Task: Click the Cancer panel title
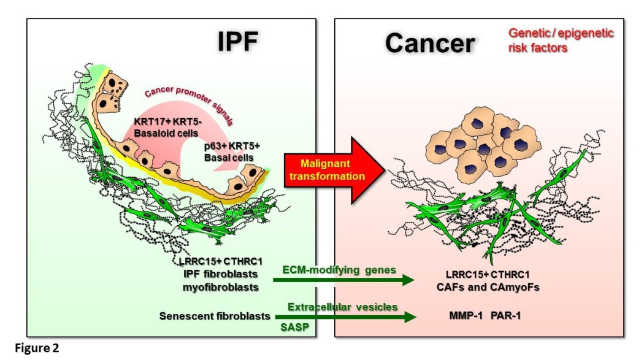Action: click(x=430, y=43)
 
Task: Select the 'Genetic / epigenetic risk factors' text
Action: click(x=561, y=40)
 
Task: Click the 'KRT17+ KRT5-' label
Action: click(x=168, y=122)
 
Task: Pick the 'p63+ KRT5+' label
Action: click(x=232, y=146)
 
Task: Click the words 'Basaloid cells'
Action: click(x=166, y=133)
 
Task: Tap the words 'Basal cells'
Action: click(x=229, y=157)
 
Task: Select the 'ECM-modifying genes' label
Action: click(x=339, y=270)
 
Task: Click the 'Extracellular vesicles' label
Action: click(x=342, y=307)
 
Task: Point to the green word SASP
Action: click(x=295, y=327)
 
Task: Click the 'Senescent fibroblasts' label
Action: click(x=215, y=316)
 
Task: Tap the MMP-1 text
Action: click(x=466, y=316)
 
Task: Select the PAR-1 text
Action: click(x=505, y=316)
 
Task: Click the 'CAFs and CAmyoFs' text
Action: click(x=488, y=287)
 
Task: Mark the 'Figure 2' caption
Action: click(x=37, y=348)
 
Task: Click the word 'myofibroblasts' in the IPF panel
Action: click(x=221, y=287)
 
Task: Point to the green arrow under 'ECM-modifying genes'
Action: click(x=343, y=280)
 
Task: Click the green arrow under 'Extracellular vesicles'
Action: click(x=345, y=317)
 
